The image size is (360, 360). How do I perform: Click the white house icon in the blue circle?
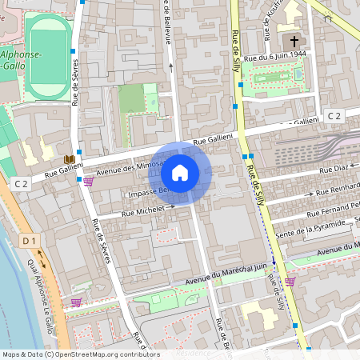(x=180, y=172)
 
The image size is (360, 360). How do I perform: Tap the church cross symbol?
(x=294, y=40)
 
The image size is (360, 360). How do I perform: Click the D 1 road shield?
(x=30, y=240)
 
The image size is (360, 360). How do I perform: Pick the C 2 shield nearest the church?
(x=334, y=117)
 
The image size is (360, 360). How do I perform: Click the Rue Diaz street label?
(x=334, y=169)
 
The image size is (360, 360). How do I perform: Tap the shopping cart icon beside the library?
(x=88, y=182)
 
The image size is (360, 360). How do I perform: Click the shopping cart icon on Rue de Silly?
(x=290, y=282)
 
